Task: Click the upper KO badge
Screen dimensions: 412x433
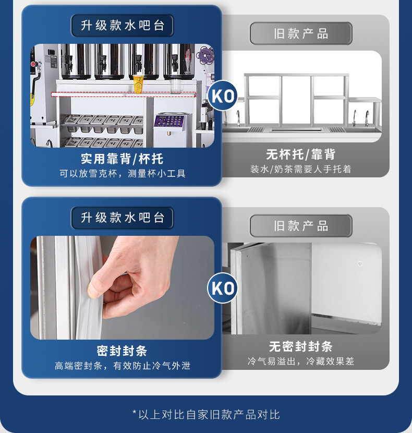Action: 222,95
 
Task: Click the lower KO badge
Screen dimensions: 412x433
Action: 222,288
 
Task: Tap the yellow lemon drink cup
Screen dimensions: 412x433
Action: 138,84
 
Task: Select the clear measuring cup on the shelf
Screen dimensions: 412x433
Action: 176,86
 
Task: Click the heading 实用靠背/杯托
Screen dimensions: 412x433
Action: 122,159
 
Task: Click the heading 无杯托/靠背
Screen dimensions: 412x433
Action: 301,154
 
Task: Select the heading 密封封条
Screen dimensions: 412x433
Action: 122,351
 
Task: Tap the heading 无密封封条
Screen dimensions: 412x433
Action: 301,346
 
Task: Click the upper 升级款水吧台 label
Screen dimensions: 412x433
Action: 123,26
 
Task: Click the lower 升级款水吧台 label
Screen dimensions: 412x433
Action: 123,218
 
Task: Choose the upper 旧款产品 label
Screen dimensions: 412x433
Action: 301,33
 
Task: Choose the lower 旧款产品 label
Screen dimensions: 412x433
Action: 301,226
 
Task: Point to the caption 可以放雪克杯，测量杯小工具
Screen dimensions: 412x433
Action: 123,173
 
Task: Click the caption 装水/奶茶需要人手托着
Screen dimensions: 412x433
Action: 301,169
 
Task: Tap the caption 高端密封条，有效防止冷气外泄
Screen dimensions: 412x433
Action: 123,366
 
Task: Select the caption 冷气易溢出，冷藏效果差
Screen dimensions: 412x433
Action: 301,361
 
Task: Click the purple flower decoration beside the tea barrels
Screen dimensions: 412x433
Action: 205,55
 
